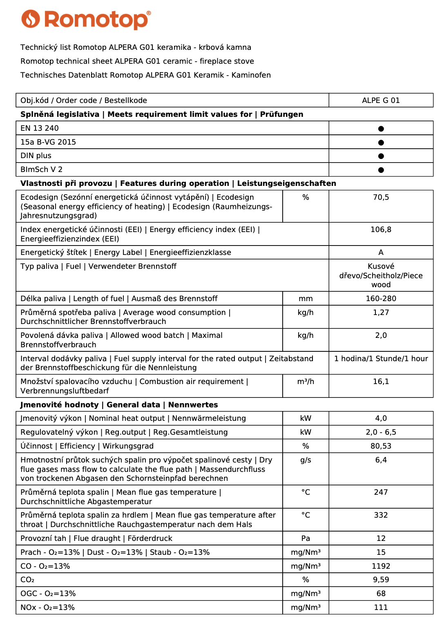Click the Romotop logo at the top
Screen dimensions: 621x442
pos(86,20)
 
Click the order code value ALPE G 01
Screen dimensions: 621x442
pos(381,101)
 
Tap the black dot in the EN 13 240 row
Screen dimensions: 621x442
pos(381,129)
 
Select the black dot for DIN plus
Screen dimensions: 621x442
pos(381,156)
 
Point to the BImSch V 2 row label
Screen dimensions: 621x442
pos(41,170)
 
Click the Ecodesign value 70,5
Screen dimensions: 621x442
pos(381,197)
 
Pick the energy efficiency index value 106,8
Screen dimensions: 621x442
pos(381,230)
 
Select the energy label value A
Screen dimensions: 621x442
pos(381,252)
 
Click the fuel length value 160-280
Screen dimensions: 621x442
pos(381,299)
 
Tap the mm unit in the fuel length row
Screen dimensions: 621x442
pos(306,299)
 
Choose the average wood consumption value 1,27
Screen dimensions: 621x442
pos(381,313)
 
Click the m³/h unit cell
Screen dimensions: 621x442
pos(306,382)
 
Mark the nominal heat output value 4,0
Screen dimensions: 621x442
pos(381,418)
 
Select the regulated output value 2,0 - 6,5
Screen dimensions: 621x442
pos(381,432)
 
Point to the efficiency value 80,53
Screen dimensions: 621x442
pos(381,446)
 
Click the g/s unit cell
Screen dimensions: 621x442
pos(306,460)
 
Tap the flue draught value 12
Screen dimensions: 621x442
pos(381,538)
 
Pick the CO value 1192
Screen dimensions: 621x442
pos(381,566)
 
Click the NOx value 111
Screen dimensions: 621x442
pos(381,608)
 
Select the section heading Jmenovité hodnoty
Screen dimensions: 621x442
pos(60,405)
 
